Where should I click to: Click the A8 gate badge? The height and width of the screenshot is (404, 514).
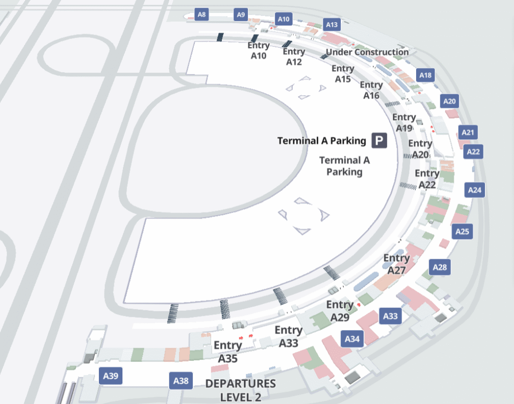point(201,15)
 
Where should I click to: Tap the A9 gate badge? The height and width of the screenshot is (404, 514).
point(241,15)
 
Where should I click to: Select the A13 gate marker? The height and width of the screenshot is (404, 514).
point(332,24)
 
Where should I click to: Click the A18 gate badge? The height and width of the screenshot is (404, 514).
point(425,76)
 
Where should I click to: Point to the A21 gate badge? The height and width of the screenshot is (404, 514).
point(468,133)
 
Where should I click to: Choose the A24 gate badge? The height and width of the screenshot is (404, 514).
point(475,190)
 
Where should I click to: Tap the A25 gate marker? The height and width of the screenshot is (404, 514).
point(462,232)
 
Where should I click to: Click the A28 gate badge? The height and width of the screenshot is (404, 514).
point(440,267)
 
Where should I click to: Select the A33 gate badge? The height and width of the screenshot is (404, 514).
point(391,316)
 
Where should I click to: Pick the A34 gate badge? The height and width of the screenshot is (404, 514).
point(352,339)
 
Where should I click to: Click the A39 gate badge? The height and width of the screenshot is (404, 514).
point(110,376)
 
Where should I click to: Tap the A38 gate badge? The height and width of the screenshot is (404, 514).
point(181,381)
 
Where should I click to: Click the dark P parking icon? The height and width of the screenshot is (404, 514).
point(379,140)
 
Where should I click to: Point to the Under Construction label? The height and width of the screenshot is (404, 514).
point(367,52)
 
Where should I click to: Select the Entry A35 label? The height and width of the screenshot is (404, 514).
point(228,352)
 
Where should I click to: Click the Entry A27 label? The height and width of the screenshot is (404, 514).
point(397,264)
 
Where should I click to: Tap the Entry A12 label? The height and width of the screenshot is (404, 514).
point(294,57)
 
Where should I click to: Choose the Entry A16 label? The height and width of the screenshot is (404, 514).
point(371,90)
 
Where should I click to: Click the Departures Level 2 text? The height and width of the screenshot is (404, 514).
point(241,390)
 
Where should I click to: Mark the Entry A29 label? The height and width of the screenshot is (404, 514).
point(340,311)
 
